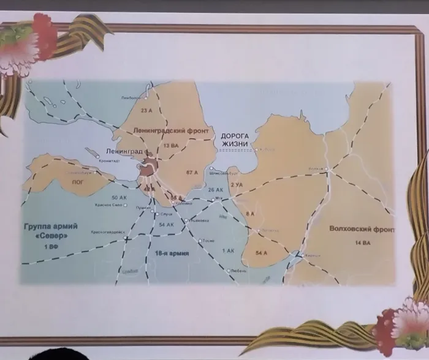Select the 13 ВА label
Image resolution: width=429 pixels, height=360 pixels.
[170, 146]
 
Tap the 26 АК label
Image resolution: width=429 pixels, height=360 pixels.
[215, 190]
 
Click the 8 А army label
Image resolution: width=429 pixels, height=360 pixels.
[250, 213]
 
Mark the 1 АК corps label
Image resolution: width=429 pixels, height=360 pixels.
[228, 250]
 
